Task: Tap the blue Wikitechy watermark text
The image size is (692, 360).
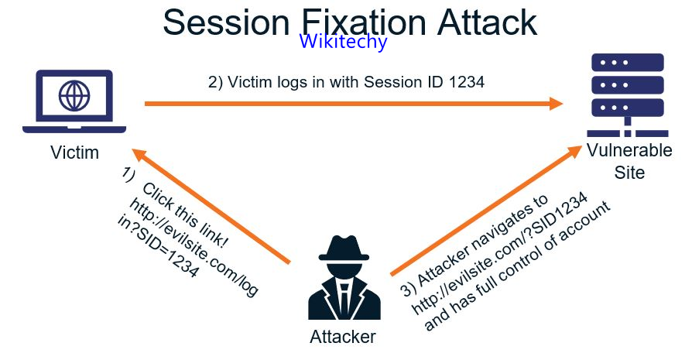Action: pyautogui.click(x=343, y=42)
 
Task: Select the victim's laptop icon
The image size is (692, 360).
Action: pyautogui.click(x=74, y=101)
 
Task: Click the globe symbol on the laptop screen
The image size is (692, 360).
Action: pyautogui.click(x=74, y=97)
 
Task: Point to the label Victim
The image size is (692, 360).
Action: pyautogui.click(x=74, y=153)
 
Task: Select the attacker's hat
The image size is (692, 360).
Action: pyautogui.click(x=342, y=250)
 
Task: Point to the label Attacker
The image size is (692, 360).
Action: pyautogui.click(x=342, y=337)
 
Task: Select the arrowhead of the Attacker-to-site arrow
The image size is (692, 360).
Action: pyautogui.click(x=575, y=150)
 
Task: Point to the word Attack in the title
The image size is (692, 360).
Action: pyautogui.click(x=486, y=22)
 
